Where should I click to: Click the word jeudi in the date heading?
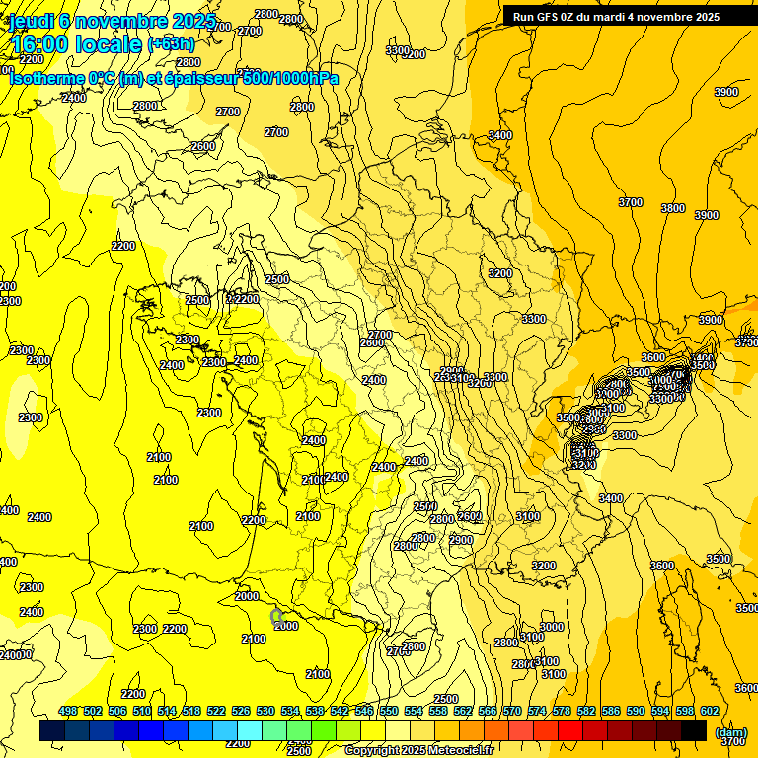[30, 22]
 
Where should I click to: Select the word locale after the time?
[111, 45]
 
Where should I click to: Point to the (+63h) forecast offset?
[171, 44]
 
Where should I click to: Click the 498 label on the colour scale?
[68, 712]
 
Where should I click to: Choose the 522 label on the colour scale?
[216, 712]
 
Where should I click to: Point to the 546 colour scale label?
[364, 712]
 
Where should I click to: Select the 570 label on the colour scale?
[511, 712]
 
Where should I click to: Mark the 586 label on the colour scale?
[610, 712]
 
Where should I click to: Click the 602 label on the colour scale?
[709, 712]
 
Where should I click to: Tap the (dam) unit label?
[731, 732]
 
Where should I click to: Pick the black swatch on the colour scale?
[694, 731]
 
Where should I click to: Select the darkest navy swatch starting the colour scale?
[52, 731]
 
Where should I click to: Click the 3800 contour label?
[673, 208]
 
